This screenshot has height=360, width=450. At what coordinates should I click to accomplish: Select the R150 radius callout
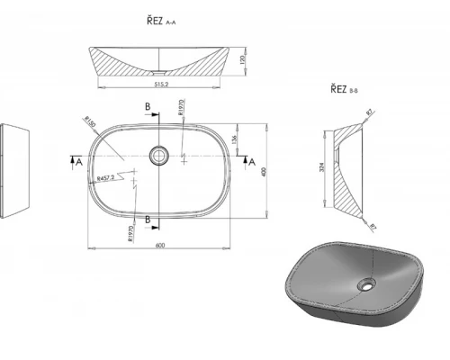click(90, 122)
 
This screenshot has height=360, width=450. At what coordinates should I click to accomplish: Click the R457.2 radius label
click(109, 178)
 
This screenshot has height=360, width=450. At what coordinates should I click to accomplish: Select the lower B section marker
click(148, 219)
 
